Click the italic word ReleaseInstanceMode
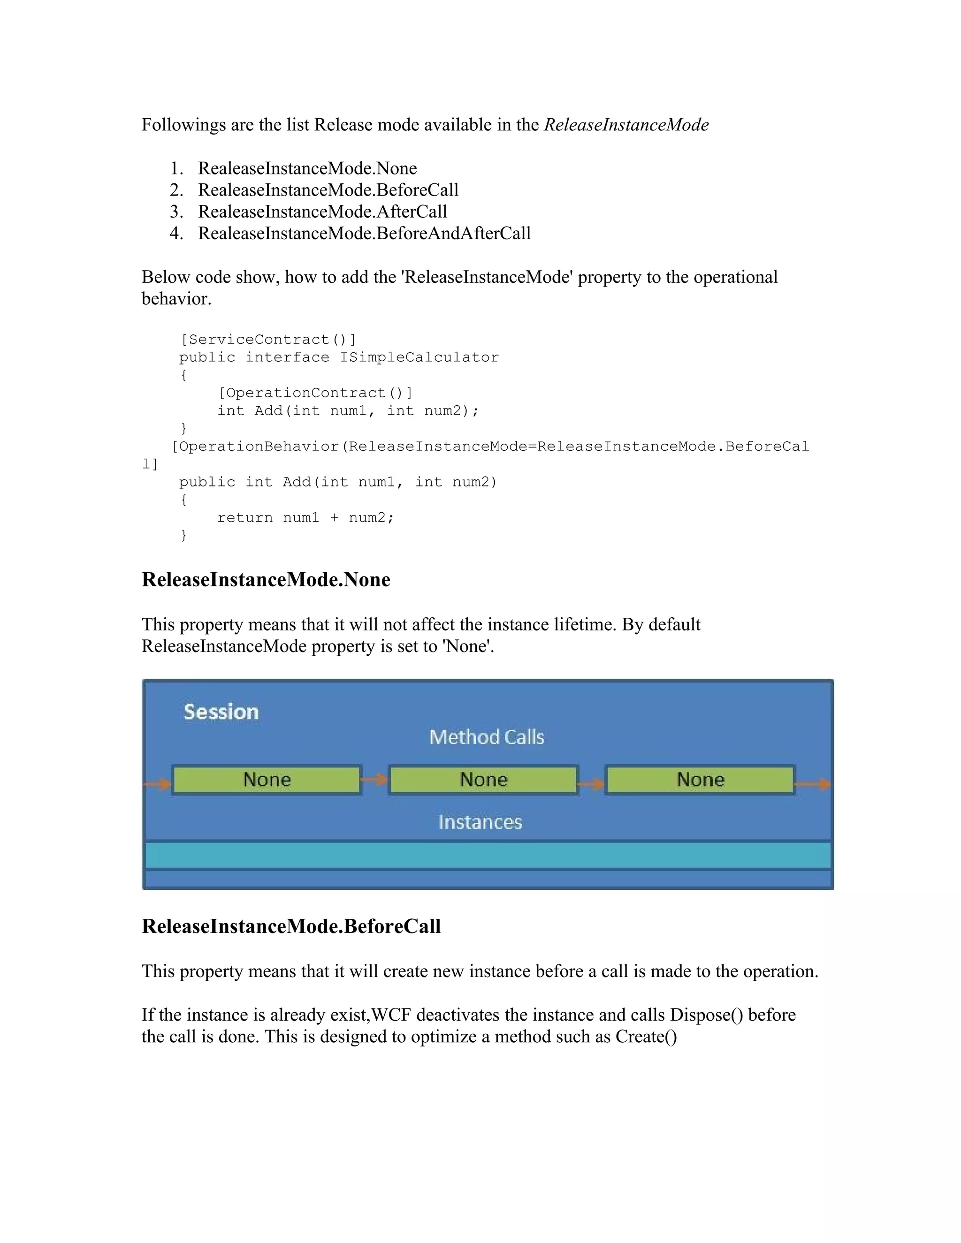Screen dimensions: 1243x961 [626, 125]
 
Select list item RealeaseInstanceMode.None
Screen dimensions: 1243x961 [307, 168]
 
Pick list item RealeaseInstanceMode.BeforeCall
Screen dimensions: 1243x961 [328, 190]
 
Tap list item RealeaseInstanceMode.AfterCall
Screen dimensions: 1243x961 [322, 212]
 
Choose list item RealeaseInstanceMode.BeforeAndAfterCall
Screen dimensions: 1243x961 [364, 233]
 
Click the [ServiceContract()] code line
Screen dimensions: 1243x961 [268, 340]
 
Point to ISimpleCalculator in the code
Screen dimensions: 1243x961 [419, 357]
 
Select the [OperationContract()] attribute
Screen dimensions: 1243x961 [315, 393]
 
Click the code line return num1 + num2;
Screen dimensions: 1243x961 [306, 518]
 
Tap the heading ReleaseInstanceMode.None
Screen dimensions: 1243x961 [266, 579]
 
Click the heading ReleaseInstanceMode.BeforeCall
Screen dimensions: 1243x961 [291, 926]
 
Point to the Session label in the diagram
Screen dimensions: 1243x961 [221, 712]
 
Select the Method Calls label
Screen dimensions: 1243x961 [487, 737]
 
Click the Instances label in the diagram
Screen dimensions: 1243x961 [480, 822]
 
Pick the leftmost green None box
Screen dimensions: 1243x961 [267, 780]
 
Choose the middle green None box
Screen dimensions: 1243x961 [483, 780]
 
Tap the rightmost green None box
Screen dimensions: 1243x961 [700, 780]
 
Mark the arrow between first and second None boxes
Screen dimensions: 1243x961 [374, 779]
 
